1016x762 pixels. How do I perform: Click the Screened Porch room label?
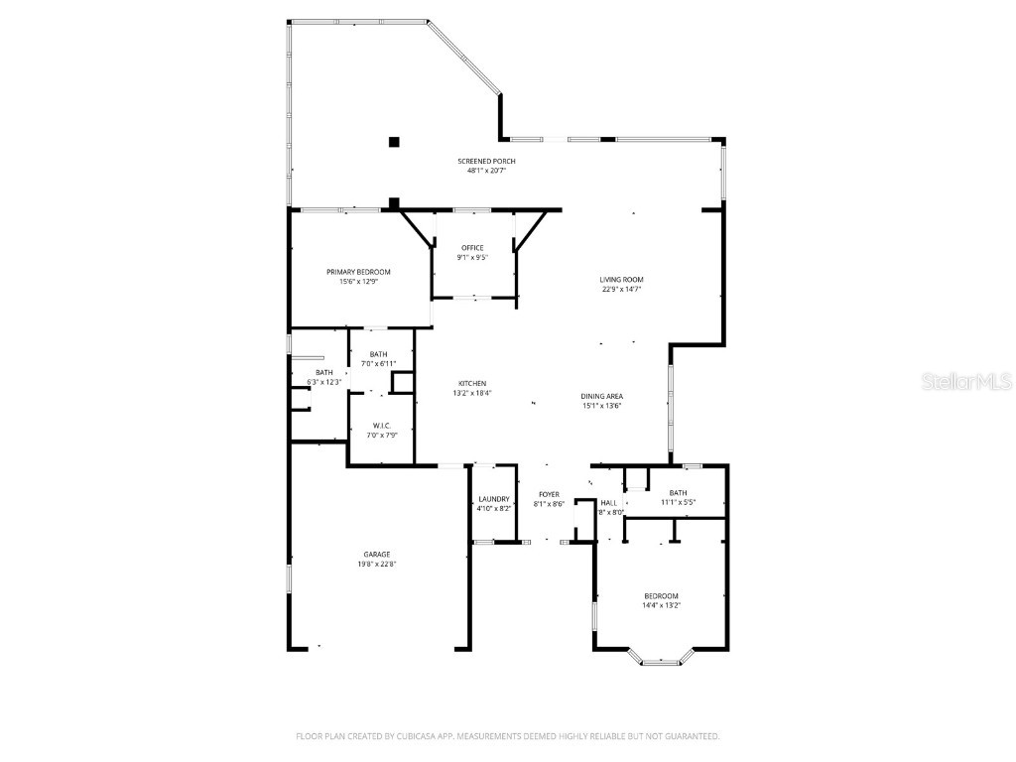click(x=486, y=161)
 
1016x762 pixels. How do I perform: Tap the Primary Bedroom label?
click(x=358, y=272)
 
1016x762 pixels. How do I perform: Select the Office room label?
click(x=472, y=248)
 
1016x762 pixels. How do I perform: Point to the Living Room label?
click(x=621, y=280)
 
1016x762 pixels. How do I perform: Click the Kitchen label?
click(x=472, y=384)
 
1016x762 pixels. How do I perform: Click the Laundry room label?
click(x=493, y=499)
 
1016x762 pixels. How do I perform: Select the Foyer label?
click(x=549, y=494)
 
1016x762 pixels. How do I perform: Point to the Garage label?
click(x=376, y=555)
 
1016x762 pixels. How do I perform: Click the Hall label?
click(x=609, y=503)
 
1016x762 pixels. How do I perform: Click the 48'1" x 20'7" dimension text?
click(x=486, y=171)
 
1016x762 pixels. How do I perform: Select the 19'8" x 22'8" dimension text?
click(x=376, y=565)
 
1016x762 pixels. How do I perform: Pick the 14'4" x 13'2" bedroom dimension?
click(x=661, y=605)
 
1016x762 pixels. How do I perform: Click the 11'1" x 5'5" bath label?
click(x=678, y=502)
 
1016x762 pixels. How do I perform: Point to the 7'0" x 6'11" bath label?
click(x=378, y=364)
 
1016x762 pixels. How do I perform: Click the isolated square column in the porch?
click(x=394, y=142)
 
